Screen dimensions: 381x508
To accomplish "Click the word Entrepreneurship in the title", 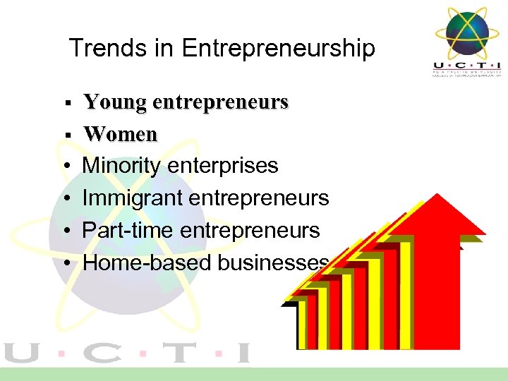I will coord(278,49).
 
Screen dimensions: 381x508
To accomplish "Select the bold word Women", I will coord(120,133).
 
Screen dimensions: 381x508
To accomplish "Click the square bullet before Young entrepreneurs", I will coord(66,104).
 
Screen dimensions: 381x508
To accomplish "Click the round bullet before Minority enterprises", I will coord(66,167).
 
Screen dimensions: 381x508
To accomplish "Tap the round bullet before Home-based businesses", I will coord(66,264).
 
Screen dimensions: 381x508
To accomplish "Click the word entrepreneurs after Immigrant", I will coord(259,198).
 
